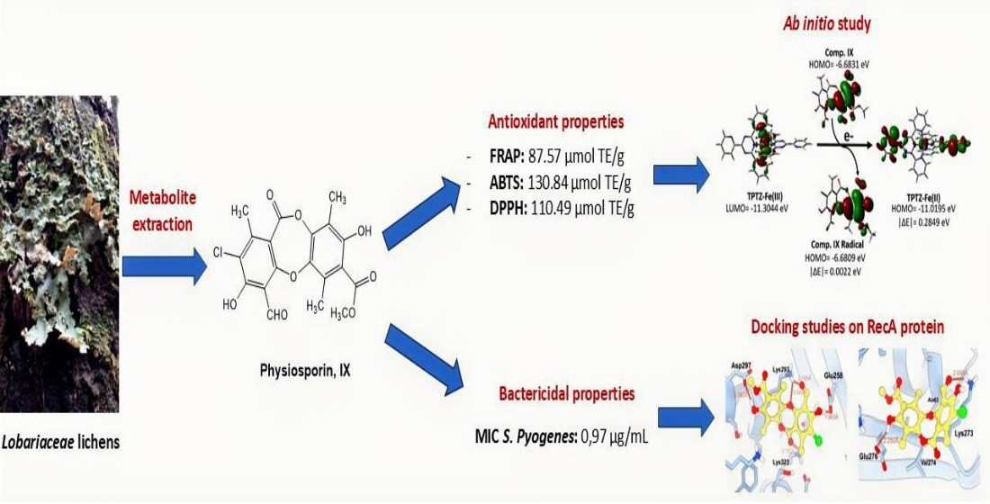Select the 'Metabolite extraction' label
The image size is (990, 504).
[x=161, y=210]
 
